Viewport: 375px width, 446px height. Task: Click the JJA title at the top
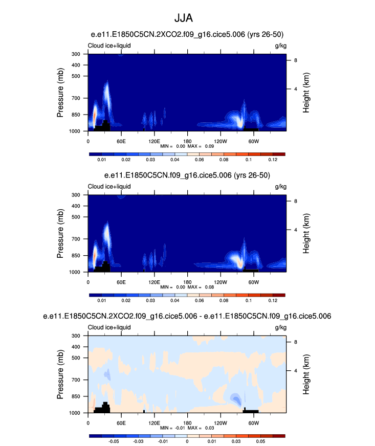[187, 18]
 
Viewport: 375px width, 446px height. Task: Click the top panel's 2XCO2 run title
[187, 34]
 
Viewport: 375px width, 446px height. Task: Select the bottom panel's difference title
[187, 317]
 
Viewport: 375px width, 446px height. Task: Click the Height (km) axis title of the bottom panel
[306, 374]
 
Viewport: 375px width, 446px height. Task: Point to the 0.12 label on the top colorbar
[272, 161]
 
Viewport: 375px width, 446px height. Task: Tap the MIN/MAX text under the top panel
[187, 146]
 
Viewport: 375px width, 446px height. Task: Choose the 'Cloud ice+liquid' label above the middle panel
[109, 187]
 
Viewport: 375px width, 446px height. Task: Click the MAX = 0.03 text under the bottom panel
[202, 428]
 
